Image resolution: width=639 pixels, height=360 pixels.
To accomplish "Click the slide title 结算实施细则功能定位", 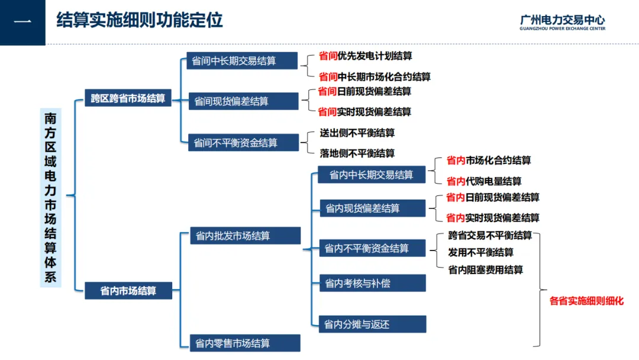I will pyautogui.click(x=140, y=21).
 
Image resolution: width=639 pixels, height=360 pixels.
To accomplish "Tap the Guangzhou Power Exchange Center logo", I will pyautogui.click(x=562, y=22).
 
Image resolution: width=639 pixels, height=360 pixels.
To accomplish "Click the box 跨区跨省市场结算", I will pyautogui.click(x=128, y=98).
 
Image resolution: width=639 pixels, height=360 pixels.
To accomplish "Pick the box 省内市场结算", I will pyautogui.click(x=128, y=291).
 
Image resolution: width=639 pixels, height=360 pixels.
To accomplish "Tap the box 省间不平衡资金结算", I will pyautogui.click(x=235, y=143).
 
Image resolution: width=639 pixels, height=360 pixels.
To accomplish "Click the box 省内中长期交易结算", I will pyautogui.click(x=371, y=175).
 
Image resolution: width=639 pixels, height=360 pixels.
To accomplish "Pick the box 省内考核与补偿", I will pyautogui.click(x=371, y=283).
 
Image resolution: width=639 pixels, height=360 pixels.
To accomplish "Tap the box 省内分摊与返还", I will pyautogui.click(x=371, y=324).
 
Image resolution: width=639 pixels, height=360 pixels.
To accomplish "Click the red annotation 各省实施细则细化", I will pyautogui.click(x=586, y=301).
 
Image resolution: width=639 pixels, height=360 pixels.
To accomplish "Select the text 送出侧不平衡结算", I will pyautogui.click(x=357, y=133).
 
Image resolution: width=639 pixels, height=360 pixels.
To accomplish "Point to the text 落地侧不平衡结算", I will pyautogui.click(x=357, y=153).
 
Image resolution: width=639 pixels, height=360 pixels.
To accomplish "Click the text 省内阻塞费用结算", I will pyautogui.click(x=485, y=270).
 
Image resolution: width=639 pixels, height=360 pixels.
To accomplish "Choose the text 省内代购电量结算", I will pyautogui.click(x=484, y=181).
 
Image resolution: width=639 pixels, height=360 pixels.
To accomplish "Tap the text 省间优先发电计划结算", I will pyautogui.click(x=365, y=56).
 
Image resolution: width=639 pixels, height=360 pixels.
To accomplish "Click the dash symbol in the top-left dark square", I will pyautogui.click(x=22, y=22).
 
